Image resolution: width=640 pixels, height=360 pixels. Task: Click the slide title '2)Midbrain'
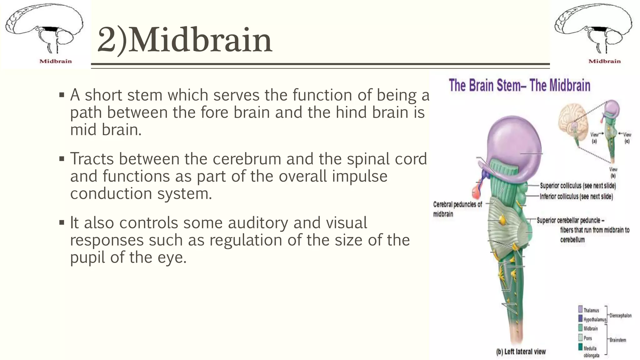[x=184, y=40]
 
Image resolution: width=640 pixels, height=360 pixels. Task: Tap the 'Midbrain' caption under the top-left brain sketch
[x=56, y=61]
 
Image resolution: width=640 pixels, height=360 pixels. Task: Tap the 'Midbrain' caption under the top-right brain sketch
[x=604, y=61]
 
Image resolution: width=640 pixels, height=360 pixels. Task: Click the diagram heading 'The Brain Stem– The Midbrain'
[x=519, y=85]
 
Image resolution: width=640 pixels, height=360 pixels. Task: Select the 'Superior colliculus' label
[x=578, y=186]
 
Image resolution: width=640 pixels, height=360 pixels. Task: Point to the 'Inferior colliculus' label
[x=576, y=197]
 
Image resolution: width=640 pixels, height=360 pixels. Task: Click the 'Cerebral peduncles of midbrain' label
[x=457, y=209]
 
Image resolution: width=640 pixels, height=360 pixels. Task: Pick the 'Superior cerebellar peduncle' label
[x=570, y=220]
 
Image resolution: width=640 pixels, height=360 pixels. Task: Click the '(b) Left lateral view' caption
[x=521, y=352]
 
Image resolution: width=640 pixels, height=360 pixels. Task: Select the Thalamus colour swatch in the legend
[x=580, y=309]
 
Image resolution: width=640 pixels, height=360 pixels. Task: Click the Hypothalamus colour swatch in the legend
[x=580, y=319]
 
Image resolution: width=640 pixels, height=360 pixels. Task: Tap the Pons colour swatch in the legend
[x=580, y=337]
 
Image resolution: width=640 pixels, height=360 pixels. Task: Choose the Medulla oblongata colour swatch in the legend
[x=580, y=347]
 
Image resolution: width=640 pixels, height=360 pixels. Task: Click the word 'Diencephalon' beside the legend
[x=620, y=316]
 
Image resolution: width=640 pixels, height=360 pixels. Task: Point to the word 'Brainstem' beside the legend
[x=618, y=340]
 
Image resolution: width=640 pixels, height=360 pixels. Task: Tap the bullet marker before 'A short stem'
[x=62, y=95]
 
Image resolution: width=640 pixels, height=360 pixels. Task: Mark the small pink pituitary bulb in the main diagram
[x=476, y=192]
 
